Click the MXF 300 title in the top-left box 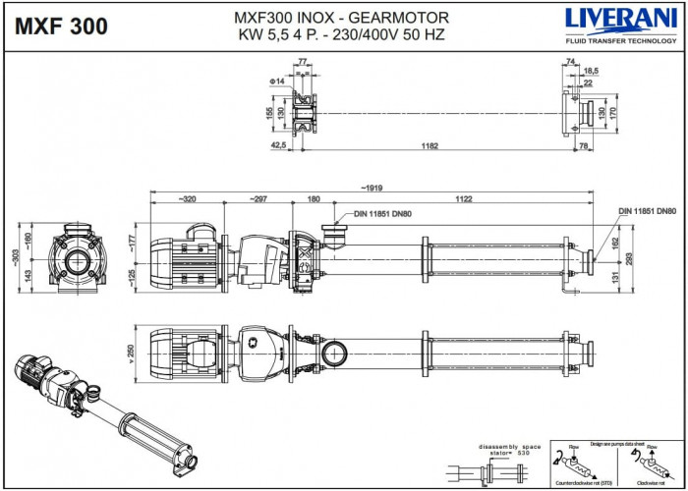point(62,27)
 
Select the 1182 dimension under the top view point(430,145)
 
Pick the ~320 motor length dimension point(187,198)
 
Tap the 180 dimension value point(314,198)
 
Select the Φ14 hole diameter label point(277,81)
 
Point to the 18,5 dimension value point(591,72)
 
